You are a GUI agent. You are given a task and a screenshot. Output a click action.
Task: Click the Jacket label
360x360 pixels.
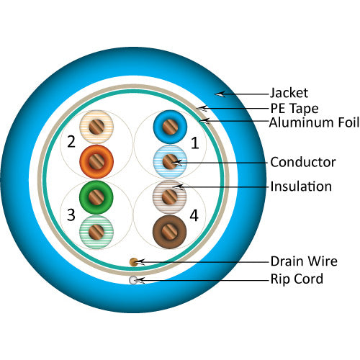pyautogui.click(x=289, y=93)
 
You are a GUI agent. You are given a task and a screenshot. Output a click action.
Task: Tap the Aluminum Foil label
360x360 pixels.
pyautogui.click(x=314, y=123)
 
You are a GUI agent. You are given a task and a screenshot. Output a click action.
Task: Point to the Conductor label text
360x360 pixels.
pyautogui.click(x=302, y=161)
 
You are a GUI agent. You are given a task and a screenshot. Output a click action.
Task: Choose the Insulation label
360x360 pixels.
pyautogui.click(x=301, y=186)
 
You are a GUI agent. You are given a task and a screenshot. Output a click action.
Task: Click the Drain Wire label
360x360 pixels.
pyautogui.click(x=303, y=261)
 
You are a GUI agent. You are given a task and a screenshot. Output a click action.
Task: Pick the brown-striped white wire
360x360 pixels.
pyautogui.click(x=170, y=196)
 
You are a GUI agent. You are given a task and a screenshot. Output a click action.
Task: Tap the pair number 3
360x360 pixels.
pyautogui.click(x=71, y=214)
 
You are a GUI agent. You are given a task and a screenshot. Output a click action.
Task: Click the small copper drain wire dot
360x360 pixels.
pyautogui.click(x=132, y=261)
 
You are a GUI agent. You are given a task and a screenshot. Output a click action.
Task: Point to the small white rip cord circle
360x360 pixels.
pyautogui.click(x=132, y=280)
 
